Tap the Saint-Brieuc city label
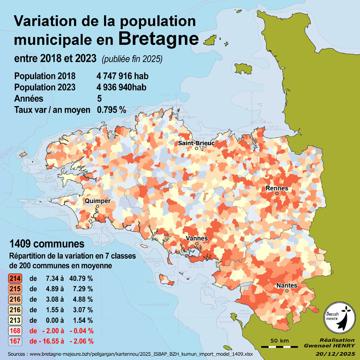tap(196, 143)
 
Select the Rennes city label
tap(276, 188)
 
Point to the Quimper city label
tap(98, 201)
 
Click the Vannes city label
tap(197, 239)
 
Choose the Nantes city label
tap(286, 285)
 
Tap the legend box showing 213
tap(15, 320)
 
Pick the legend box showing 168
tap(15, 330)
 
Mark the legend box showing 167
tap(15, 341)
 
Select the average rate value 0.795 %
tap(111, 110)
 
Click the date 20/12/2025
tap(335, 353)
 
